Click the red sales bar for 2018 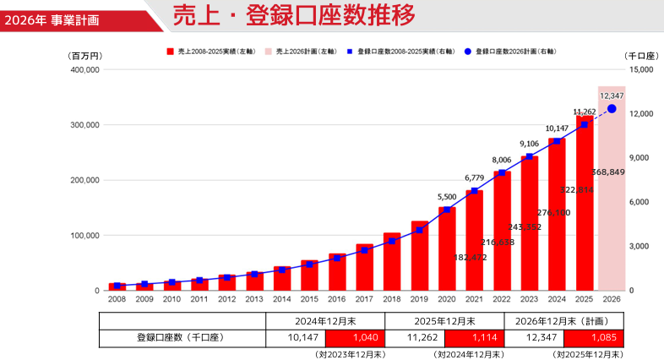point(392,262)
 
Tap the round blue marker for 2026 point(612,109)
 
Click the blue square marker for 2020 point(447,210)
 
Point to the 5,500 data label point(447,197)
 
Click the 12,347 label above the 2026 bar point(612,96)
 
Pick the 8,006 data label point(502,160)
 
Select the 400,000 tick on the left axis point(85,69)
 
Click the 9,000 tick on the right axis point(640,158)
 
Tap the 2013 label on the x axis point(254,299)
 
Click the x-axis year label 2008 point(117,299)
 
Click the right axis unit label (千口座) point(641,55)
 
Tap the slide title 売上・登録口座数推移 point(293,15)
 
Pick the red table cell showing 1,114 point(474,338)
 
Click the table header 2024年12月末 point(325,321)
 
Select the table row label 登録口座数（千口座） point(182,338)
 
